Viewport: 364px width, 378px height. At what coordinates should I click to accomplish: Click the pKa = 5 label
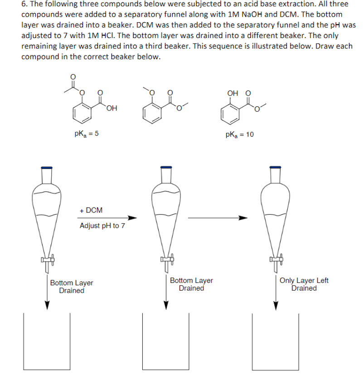click(86, 134)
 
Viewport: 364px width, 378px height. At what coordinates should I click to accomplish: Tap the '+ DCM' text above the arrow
click(91, 211)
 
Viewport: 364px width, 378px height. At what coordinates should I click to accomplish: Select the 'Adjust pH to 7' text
click(102, 225)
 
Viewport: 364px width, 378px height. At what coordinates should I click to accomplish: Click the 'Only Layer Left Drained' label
click(304, 284)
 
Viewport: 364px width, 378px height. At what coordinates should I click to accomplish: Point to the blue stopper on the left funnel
click(46, 167)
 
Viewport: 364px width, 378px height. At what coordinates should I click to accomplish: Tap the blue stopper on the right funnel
click(275, 167)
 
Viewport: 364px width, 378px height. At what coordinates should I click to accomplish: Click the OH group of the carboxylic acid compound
click(112, 108)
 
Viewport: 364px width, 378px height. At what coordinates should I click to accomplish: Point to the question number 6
click(24, 4)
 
